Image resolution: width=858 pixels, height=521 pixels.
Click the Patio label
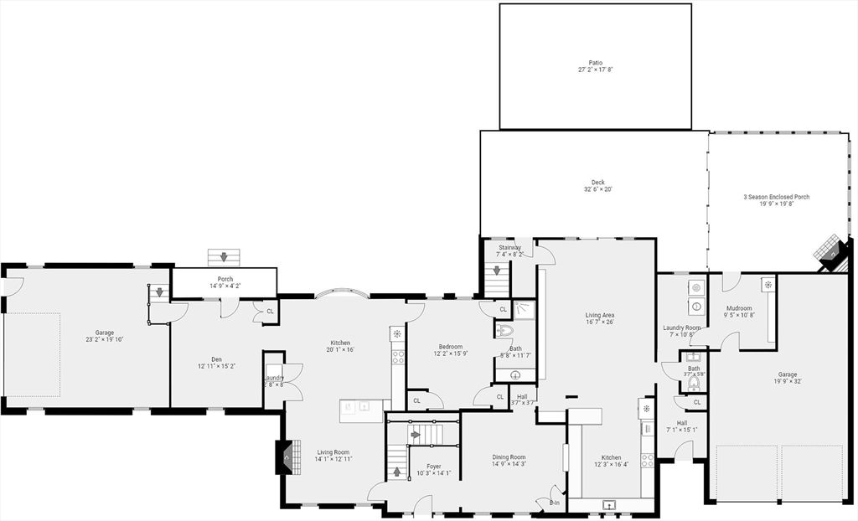point(595,62)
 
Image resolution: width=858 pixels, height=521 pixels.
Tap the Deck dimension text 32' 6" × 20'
point(597,189)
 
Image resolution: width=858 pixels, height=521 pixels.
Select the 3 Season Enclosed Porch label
point(776,197)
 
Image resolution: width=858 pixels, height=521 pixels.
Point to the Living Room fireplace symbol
point(286,458)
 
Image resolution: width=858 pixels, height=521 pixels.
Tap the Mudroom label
point(738,307)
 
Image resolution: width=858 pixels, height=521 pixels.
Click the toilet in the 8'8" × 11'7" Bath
point(504,331)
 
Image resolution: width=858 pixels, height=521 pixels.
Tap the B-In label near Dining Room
point(554,503)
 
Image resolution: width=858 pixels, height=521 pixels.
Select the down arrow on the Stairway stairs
point(498,271)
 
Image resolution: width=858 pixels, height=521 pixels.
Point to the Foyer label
point(433,466)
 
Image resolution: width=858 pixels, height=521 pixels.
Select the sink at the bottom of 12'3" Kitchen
point(609,504)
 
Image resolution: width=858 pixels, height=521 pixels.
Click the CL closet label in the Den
point(270,311)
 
